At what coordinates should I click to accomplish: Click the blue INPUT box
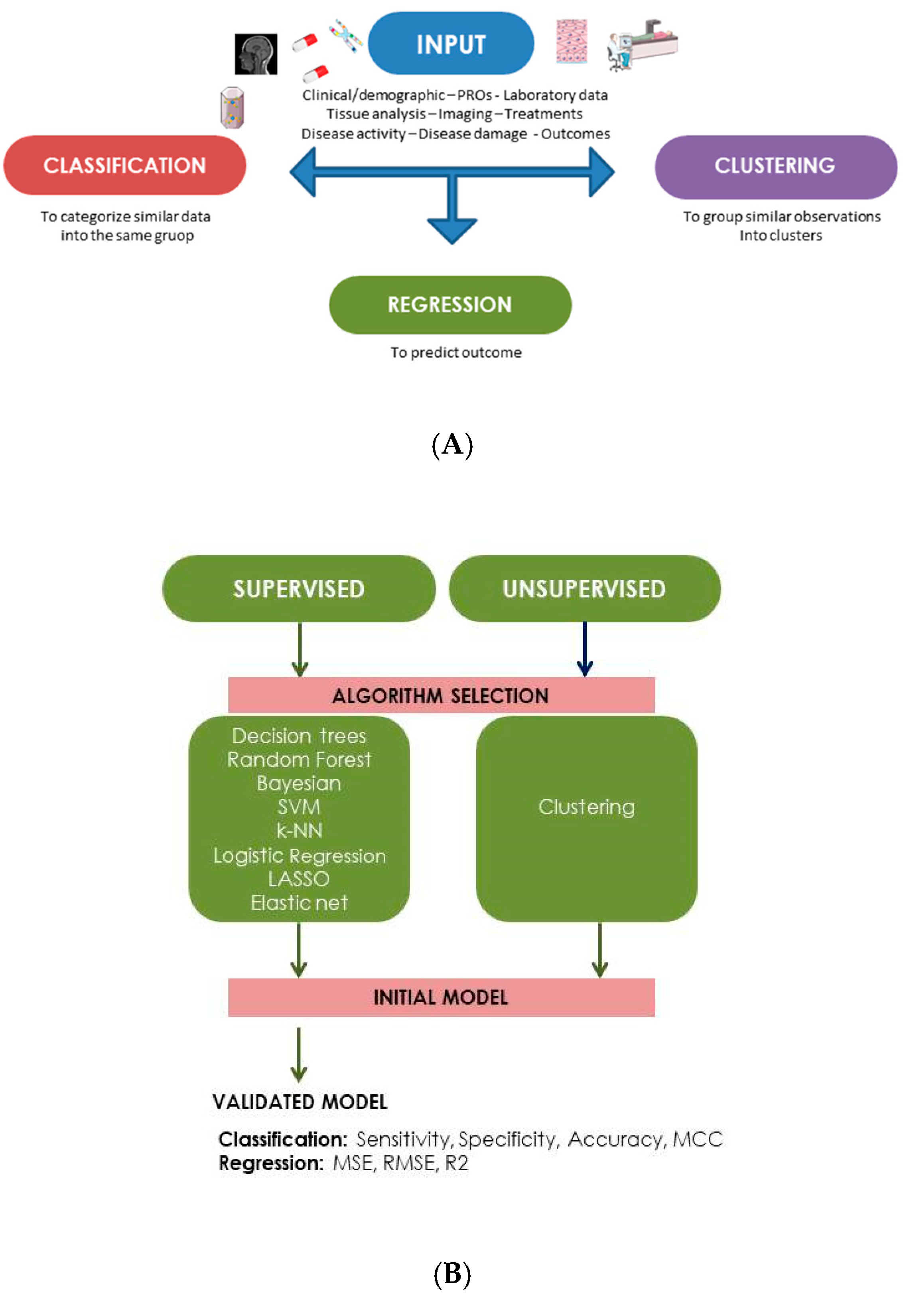450,44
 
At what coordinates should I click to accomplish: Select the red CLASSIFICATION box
124,165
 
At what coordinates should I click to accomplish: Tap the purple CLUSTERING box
775,166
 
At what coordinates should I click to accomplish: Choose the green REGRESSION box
450,305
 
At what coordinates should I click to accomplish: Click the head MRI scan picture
256,54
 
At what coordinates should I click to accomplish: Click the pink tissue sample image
572,41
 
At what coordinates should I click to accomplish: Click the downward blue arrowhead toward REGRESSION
452,230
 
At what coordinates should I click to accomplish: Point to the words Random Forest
299,760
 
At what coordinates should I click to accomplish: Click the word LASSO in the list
299,879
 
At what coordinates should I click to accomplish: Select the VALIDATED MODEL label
300,1102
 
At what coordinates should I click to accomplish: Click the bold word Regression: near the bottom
271,1163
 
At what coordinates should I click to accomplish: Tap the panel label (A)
452,445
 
